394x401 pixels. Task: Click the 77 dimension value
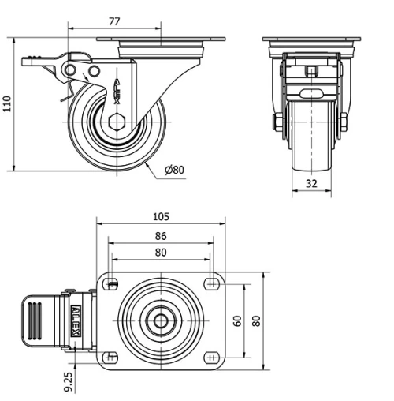[114, 20]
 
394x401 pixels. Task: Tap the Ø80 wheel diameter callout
[174, 170]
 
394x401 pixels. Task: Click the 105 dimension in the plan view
[161, 216]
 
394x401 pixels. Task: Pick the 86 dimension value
[161, 235]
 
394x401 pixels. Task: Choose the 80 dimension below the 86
[161, 253]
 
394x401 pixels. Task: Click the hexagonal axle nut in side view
[117, 122]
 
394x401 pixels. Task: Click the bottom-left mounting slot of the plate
[112, 357]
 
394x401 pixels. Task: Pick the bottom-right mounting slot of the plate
[210, 357]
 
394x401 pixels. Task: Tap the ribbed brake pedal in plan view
[36, 321]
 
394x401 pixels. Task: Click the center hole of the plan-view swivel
[161, 321]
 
